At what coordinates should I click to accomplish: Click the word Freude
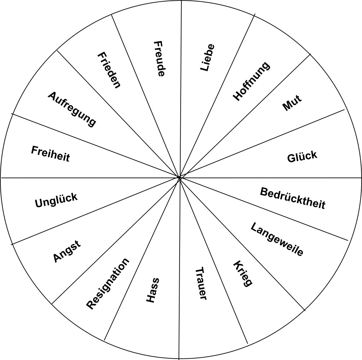pyautogui.click(x=159, y=59)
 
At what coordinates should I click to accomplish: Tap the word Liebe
pyautogui.click(x=207, y=58)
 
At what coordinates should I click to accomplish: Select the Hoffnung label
pyautogui.click(x=251, y=81)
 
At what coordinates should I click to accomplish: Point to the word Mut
pyautogui.click(x=292, y=103)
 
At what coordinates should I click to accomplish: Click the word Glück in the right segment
pyautogui.click(x=302, y=157)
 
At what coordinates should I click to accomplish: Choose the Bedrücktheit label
pyautogui.click(x=292, y=198)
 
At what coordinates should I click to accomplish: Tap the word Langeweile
pyautogui.click(x=276, y=239)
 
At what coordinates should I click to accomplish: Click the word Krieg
pyautogui.click(x=243, y=274)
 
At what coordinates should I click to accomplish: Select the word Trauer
pyautogui.click(x=200, y=284)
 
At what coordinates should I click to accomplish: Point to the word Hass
pyautogui.click(x=153, y=290)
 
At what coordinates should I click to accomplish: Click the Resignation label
pyautogui.click(x=107, y=284)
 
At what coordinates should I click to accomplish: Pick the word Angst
pyautogui.click(x=67, y=251)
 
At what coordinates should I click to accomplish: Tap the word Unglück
pyautogui.click(x=56, y=200)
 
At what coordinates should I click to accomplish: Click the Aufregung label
pyautogui.click(x=72, y=109)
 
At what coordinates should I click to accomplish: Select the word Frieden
pyautogui.click(x=109, y=70)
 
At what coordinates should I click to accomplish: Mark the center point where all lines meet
pyautogui.click(x=179, y=178)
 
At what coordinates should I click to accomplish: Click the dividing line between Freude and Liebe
pyautogui.click(x=180, y=89)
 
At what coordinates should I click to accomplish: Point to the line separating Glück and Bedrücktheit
pyautogui.click(x=270, y=178)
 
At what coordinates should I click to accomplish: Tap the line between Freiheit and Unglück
pyautogui.click(x=90, y=178)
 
